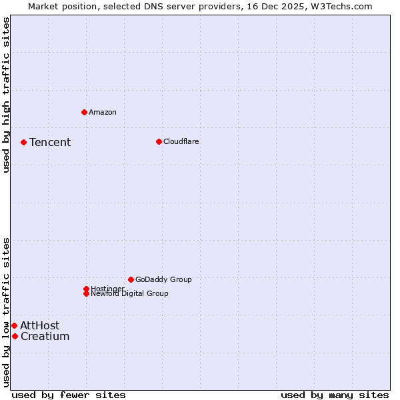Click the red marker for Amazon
coord(84,112)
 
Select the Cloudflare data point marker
coord(159,141)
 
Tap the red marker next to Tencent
coord(23,142)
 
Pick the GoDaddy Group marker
coord(131,279)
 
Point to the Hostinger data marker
coord(86,289)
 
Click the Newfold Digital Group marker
coord(86,293)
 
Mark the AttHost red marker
coord(14,325)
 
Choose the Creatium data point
coord(15,336)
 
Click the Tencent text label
coord(50,142)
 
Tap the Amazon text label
coord(103,112)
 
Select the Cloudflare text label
coord(181,141)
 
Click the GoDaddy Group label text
coord(163,279)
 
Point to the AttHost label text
coord(39,325)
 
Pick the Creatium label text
coord(45,336)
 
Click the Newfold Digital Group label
coord(129,294)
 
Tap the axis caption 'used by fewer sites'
coord(69,395)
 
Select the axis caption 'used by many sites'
coord(335,395)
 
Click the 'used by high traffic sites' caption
coord(6,95)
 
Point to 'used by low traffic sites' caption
coord(6,312)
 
